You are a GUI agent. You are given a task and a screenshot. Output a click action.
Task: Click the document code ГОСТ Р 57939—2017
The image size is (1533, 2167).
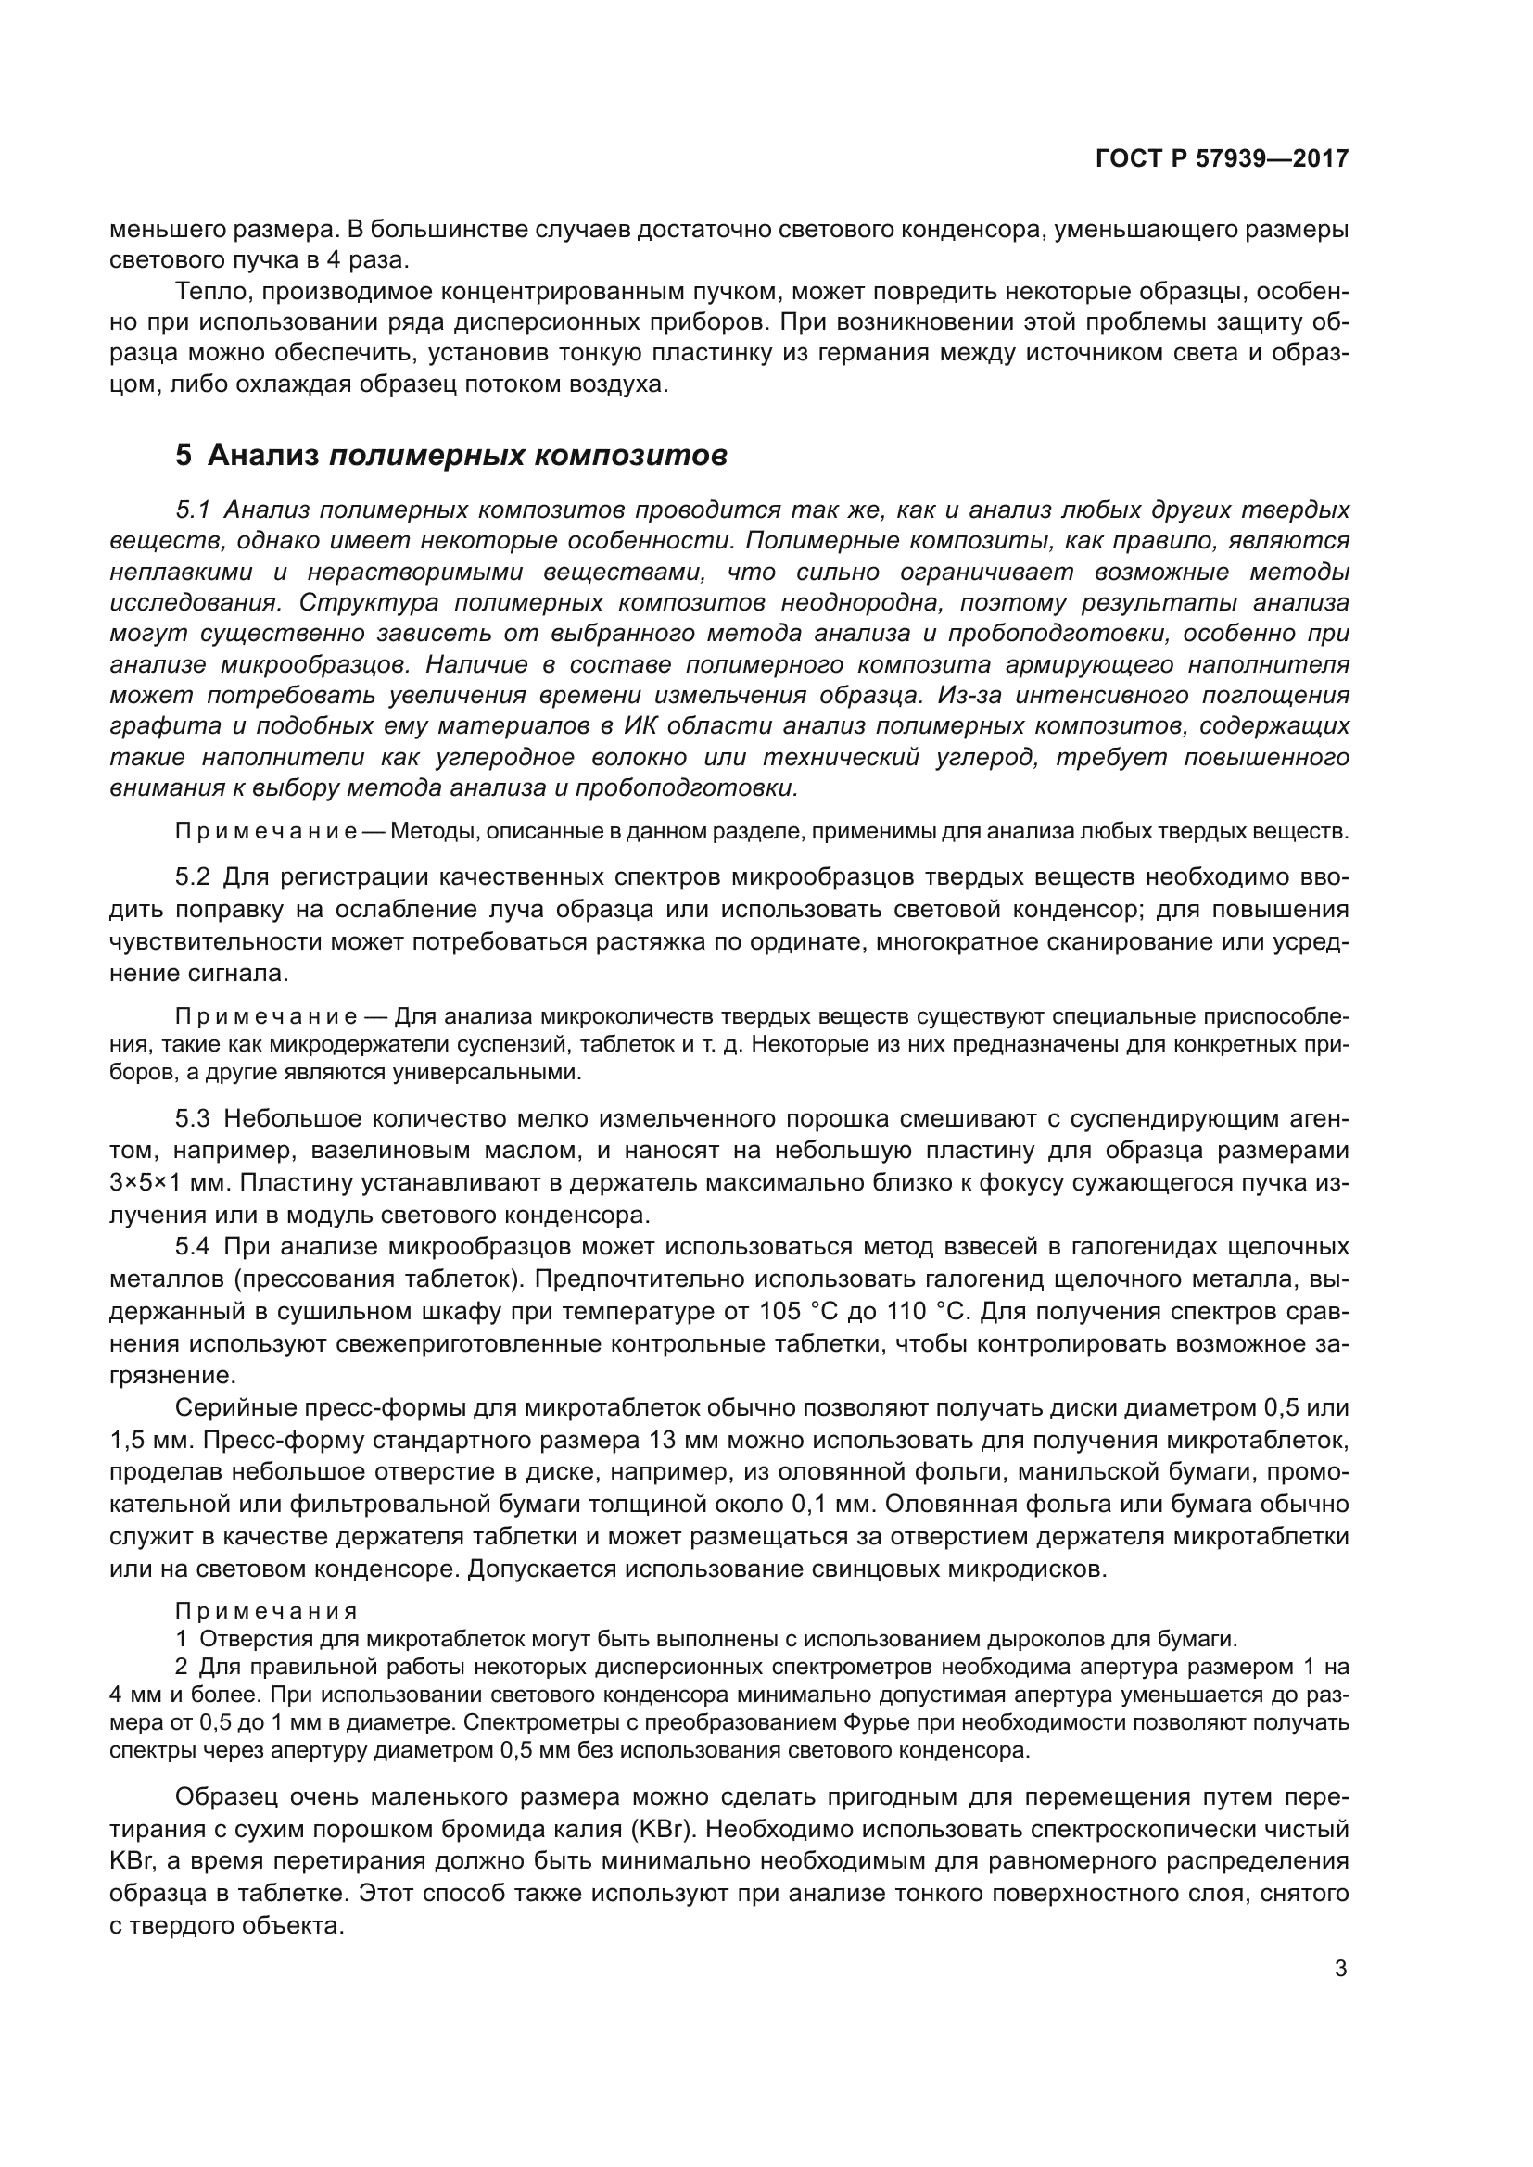(1222, 159)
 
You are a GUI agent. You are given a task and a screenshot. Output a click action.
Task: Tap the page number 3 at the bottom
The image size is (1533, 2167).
(1340, 1969)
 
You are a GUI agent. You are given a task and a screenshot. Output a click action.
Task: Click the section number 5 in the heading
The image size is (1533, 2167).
(184, 455)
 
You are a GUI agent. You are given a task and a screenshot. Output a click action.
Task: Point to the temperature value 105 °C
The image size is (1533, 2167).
(797, 1312)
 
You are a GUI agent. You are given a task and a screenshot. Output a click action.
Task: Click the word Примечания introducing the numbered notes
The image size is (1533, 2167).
(266, 1611)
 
